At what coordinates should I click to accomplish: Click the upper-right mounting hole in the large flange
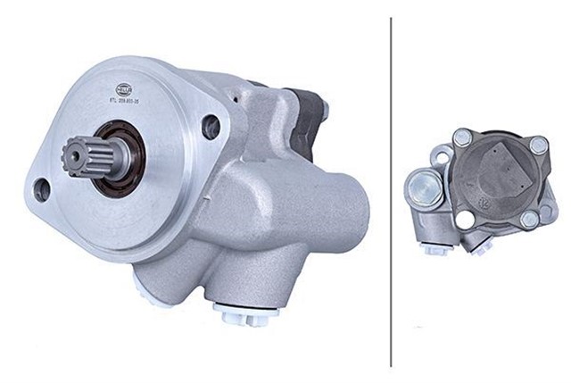[x=211, y=127]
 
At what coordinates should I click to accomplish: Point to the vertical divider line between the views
[x=391, y=191]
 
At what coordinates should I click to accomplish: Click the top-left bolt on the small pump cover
[x=462, y=137]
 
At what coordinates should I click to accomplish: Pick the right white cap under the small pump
[x=487, y=251]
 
